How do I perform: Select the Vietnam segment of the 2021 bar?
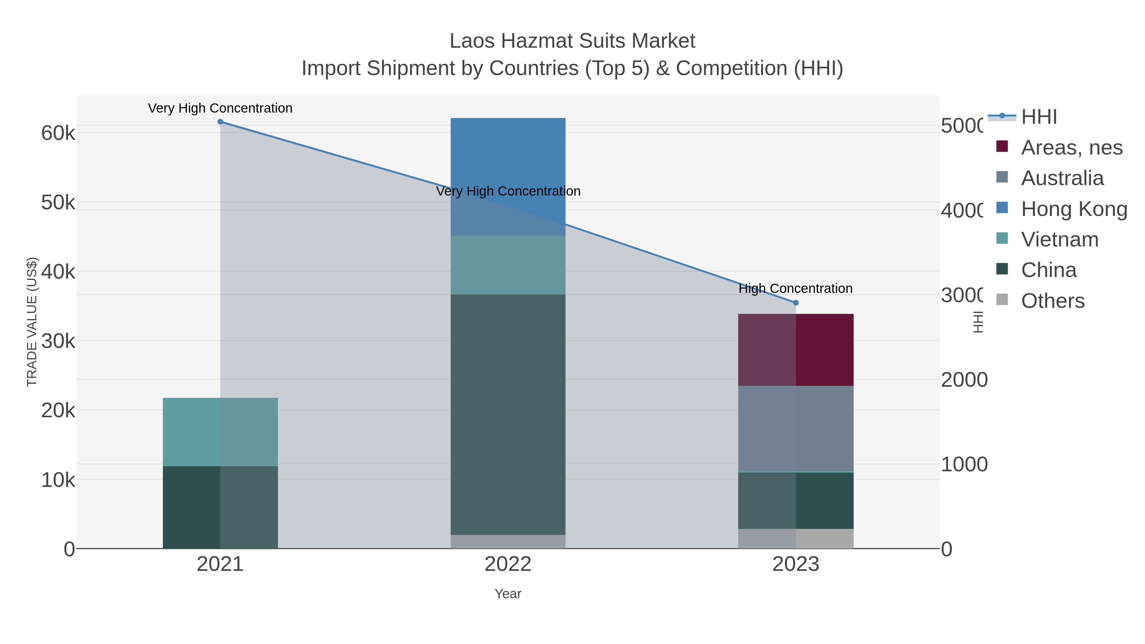tap(220, 432)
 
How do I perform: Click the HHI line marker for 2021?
tap(220, 122)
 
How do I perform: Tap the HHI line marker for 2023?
tap(796, 303)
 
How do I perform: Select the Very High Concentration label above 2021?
tap(220, 108)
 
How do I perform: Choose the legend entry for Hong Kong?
tap(1074, 209)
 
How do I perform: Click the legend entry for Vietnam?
tap(1060, 239)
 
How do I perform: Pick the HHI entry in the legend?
tap(1039, 117)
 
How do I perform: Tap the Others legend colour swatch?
tap(1002, 300)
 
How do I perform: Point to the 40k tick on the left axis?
tap(58, 272)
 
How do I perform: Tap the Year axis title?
tap(508, 594)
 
